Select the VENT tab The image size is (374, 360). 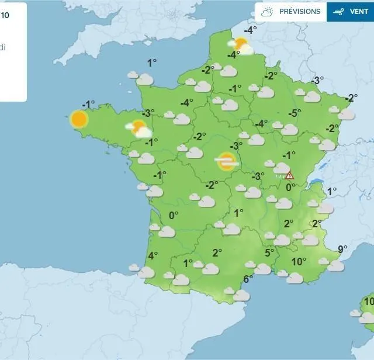350,12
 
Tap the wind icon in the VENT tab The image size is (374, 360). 338,12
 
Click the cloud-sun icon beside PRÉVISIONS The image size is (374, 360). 268,12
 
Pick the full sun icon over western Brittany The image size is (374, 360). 79,119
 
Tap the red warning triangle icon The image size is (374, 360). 289,175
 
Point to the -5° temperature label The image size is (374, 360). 295,113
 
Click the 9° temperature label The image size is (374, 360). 342,248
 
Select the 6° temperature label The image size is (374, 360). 248,279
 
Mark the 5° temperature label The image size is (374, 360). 269,252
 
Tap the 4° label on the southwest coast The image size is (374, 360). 153,255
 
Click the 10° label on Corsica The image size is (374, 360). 369,301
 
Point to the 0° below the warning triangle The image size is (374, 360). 290,187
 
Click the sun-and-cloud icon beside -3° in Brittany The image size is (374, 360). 138,129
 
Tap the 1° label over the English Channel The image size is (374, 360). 152,63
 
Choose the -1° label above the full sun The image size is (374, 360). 88,105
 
